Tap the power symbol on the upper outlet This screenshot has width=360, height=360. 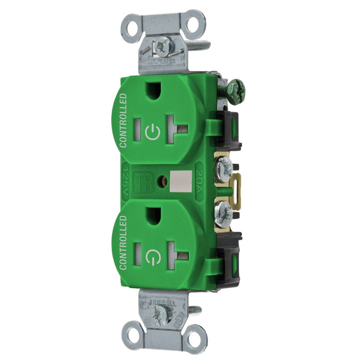click(153, 132)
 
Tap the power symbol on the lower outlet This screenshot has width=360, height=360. click(153, 257)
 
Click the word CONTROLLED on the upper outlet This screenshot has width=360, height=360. click(123, 121)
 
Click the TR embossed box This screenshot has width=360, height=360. click(144, 182)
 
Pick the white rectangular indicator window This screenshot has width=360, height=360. click(181, 181)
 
